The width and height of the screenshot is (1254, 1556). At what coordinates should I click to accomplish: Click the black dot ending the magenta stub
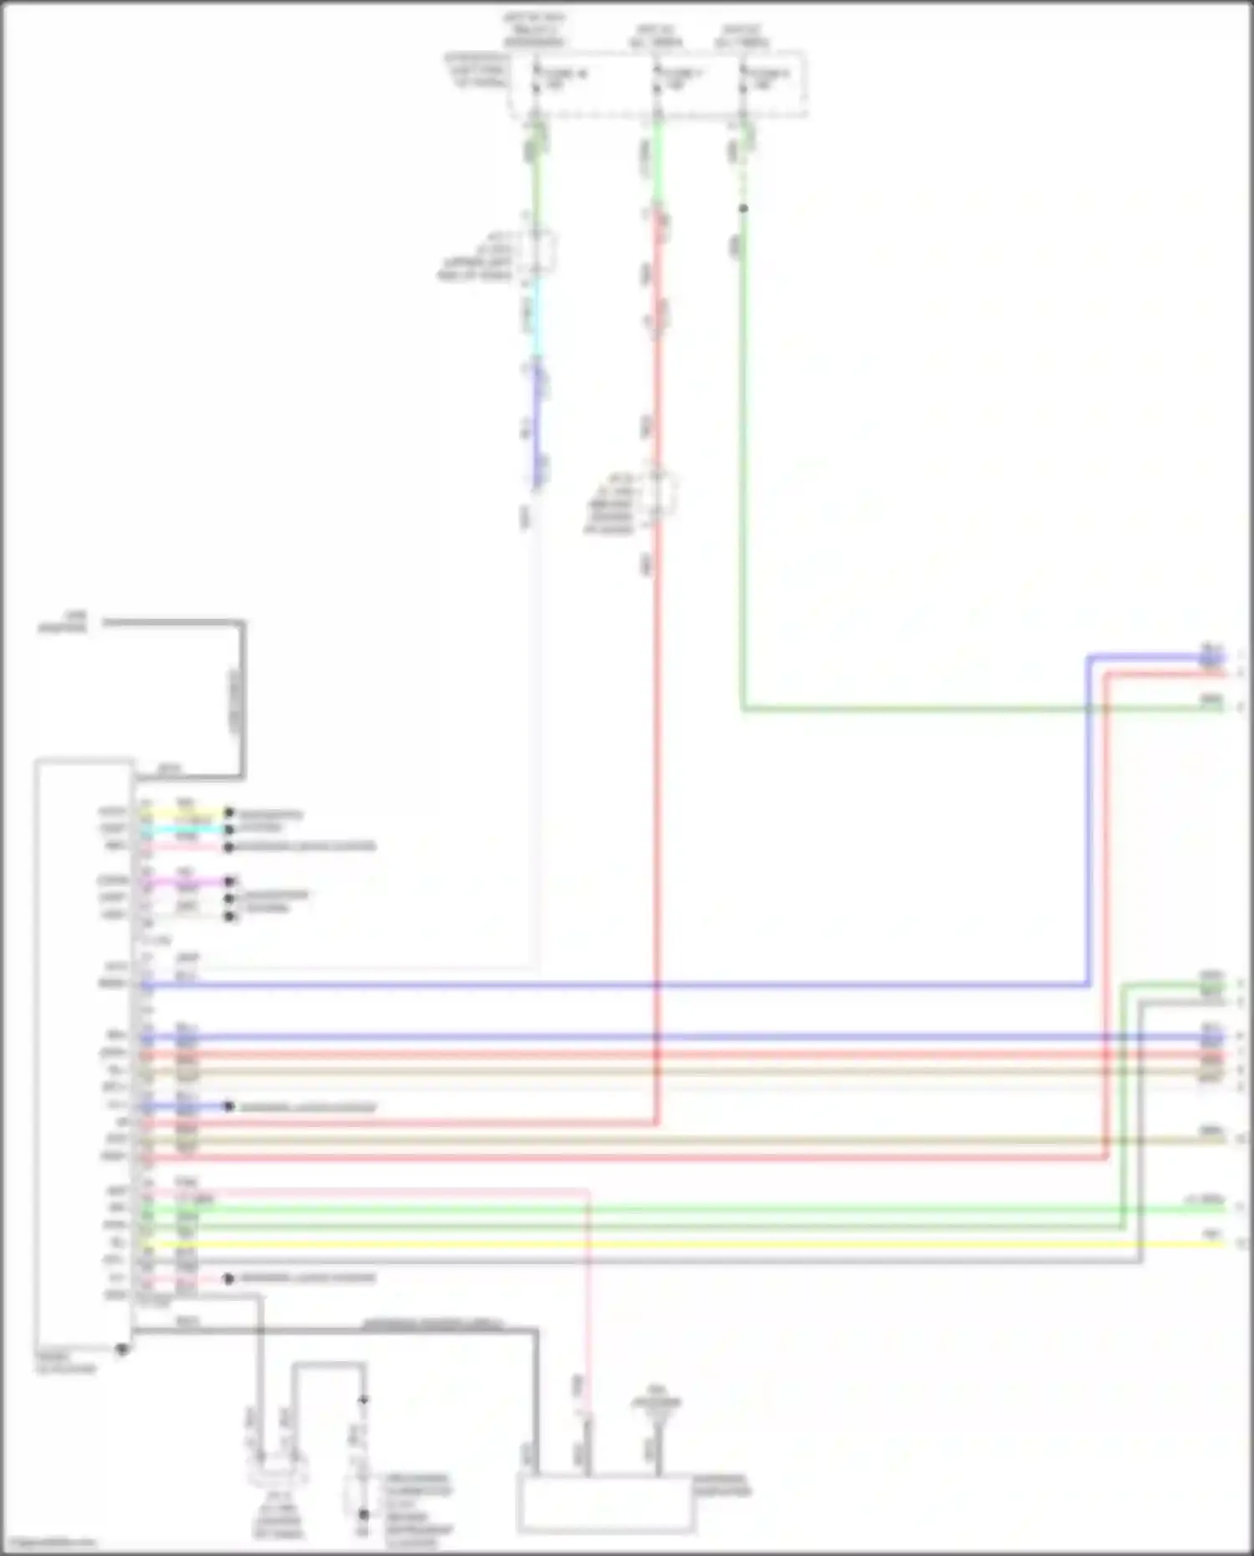[x=229, y=880]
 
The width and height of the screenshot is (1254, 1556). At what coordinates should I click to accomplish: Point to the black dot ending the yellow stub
[x=229, y=812]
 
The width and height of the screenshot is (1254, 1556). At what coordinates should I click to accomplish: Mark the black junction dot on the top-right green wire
[x=743, y=208]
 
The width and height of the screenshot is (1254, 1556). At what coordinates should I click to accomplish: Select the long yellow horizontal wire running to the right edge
[x=686, y=1244]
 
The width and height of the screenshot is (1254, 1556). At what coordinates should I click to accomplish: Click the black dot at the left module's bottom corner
[x=122, y=1349]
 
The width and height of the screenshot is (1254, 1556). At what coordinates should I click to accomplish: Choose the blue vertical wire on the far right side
[x=1089, y=819]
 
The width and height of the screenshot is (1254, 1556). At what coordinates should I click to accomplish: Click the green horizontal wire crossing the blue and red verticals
[x=920, y=709]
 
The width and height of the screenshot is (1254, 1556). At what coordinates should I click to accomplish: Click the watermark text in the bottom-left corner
[x=48, y=1543]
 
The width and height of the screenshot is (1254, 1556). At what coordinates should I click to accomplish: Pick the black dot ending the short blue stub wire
[x=229, y=1106]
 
